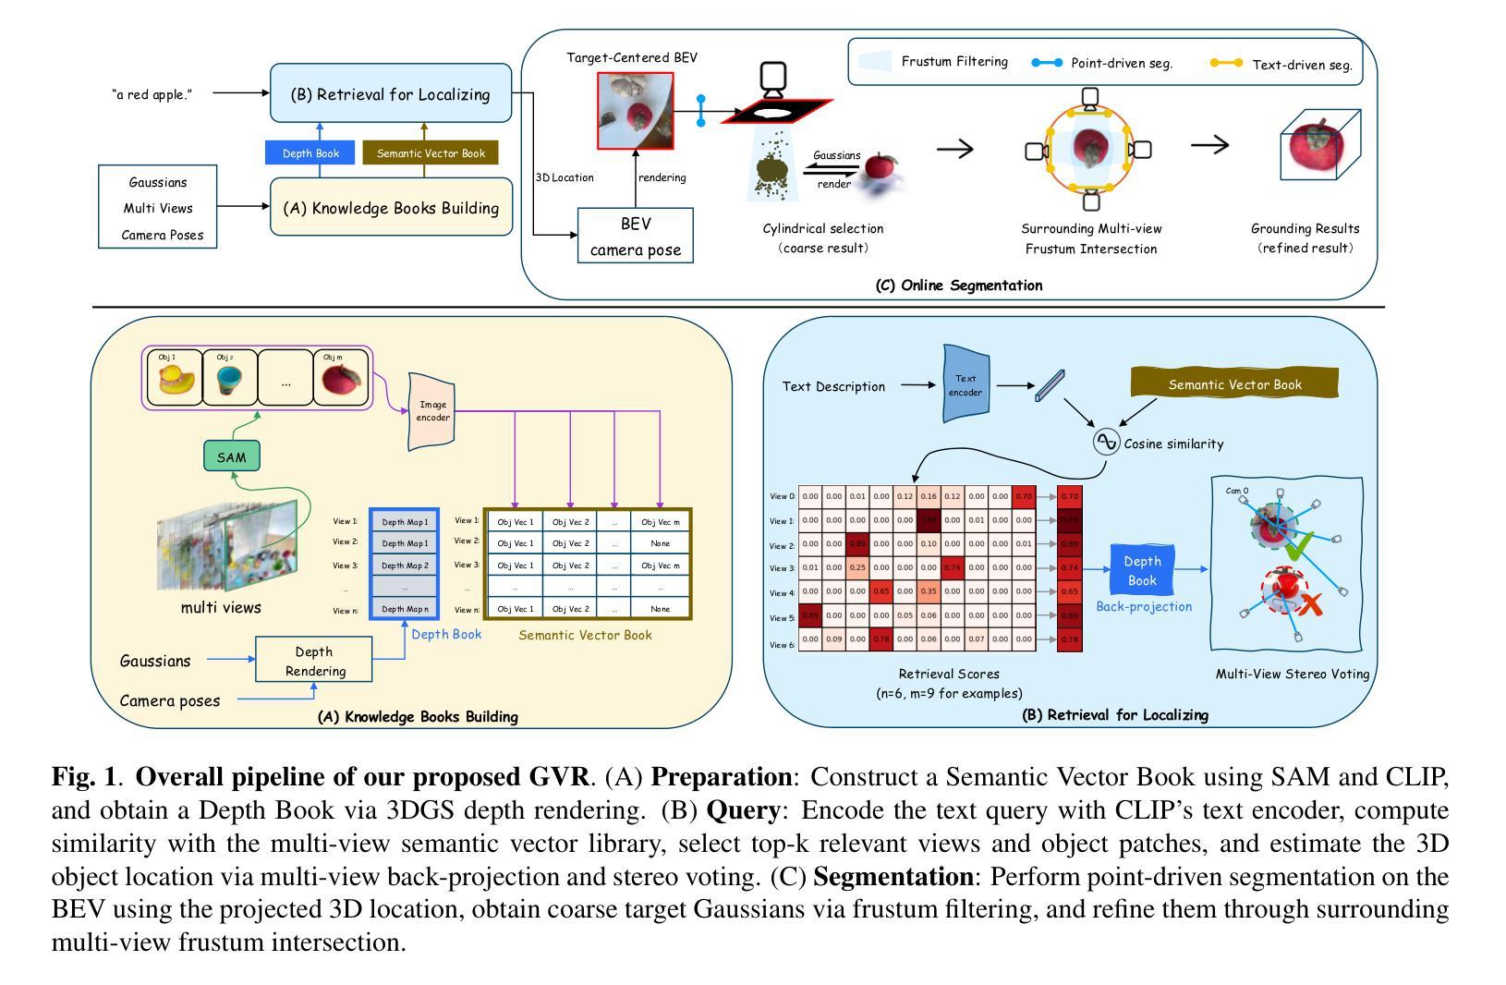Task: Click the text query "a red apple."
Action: click(152, 94)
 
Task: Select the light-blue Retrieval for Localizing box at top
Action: click(391, 93)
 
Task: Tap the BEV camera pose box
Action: click(635, 236)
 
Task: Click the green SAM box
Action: click(232, 456)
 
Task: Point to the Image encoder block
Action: click(432, 411)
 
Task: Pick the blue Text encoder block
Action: click(966, 385)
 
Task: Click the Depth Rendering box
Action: click(314, 661)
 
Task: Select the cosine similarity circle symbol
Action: click(1106, 443)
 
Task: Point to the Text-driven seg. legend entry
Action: click(1284, 64)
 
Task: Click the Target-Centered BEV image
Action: click(635, 111)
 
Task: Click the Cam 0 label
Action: click(1237, 491)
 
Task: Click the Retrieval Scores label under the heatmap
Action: click(949, 674)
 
